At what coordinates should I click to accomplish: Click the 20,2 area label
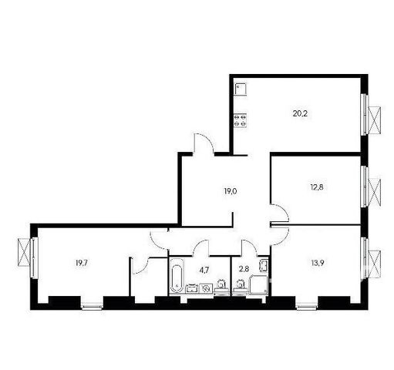point(300,113)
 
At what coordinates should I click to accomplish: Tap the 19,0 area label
point(231,191)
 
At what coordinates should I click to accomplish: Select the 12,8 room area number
point(317,187)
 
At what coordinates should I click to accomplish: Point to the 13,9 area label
point(317,263)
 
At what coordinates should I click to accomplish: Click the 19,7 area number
point(82,263)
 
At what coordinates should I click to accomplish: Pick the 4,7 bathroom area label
point(204,270)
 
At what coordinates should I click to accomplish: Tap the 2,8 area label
point(244,270)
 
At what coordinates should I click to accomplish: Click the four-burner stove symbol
point(241,120)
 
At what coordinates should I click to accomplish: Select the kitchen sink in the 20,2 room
point(241,89)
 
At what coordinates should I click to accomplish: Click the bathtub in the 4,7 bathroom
point(177,276)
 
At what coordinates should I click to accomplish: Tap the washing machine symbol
point(206,288)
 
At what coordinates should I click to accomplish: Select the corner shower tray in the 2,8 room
point(258,284)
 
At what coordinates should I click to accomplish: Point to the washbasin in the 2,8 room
point(264,265)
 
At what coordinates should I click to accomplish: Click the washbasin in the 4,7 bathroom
point(192,288)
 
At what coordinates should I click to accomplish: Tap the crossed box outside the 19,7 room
point(24,252)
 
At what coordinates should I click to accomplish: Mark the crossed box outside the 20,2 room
point(374,119)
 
